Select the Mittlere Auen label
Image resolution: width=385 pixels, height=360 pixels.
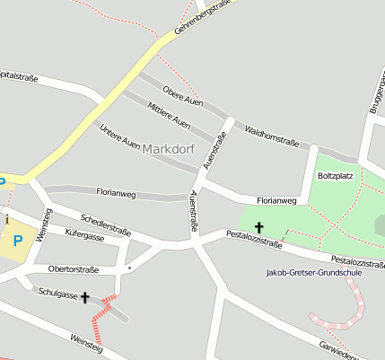coord(168,115)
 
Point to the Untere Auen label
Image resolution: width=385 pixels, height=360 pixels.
coord(119,135)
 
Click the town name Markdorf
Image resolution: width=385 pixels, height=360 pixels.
coord(171,148)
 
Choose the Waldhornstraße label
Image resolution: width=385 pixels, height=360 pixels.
coord(271,136)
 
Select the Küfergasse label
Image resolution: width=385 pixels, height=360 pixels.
coord(84,237)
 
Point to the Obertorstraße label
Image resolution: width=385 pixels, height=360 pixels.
coord(74,268)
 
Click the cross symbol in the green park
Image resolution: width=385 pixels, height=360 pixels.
coord(260,228)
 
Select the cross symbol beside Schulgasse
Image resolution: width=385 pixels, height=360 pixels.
coord(85,297)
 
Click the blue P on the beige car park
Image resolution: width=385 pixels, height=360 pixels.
coord(17,241)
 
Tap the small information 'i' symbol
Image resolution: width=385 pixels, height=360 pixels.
coord(7,219)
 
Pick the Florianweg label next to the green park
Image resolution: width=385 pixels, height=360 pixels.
coord(276,200)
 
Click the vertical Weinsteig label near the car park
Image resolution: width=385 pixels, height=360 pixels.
coord(43,224)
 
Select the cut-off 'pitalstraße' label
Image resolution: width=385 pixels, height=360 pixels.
coord(19,77)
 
